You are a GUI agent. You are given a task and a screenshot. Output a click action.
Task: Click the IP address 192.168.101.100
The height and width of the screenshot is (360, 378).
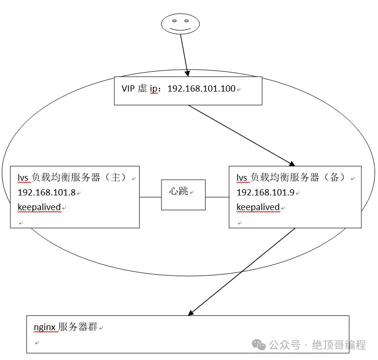pos(201,89)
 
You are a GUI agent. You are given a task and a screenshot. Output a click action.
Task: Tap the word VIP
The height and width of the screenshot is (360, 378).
pos(128,89)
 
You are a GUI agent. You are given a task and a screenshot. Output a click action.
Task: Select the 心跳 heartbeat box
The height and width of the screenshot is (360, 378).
pos(183,194)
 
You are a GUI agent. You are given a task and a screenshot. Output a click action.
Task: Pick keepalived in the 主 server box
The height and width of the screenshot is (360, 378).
pos(39,207)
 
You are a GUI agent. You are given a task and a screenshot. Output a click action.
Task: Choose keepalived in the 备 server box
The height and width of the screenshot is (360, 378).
pos(258,207)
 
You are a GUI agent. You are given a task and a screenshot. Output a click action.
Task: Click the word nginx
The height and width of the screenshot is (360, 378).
pos(45,327)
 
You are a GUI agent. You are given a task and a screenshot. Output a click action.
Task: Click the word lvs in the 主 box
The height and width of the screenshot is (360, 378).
pos(23,178)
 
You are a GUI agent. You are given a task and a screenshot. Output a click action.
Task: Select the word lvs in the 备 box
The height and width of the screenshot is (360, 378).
pos(242,178)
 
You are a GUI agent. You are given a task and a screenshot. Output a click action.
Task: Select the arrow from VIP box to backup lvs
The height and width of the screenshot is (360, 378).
pos(240,135)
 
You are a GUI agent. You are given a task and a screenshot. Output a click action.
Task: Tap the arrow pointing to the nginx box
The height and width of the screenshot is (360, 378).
pos(242,271)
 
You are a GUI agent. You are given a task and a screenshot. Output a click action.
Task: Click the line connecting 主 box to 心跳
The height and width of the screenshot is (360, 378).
pos(150,196)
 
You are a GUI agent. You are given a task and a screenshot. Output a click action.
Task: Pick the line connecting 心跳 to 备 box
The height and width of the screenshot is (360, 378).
pos(217,196)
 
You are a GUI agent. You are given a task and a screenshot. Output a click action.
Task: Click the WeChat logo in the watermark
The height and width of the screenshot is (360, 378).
pos(259,345)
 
